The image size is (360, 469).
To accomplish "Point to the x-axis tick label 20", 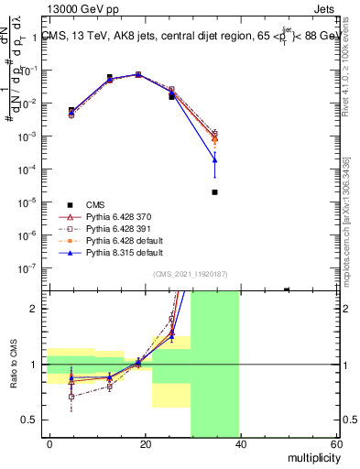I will coord(144,444).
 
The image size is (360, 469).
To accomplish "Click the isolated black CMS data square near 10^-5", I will coord(214,192).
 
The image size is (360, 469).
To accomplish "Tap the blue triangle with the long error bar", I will coord(214,160).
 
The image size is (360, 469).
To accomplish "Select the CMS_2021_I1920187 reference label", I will coord(190,274).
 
